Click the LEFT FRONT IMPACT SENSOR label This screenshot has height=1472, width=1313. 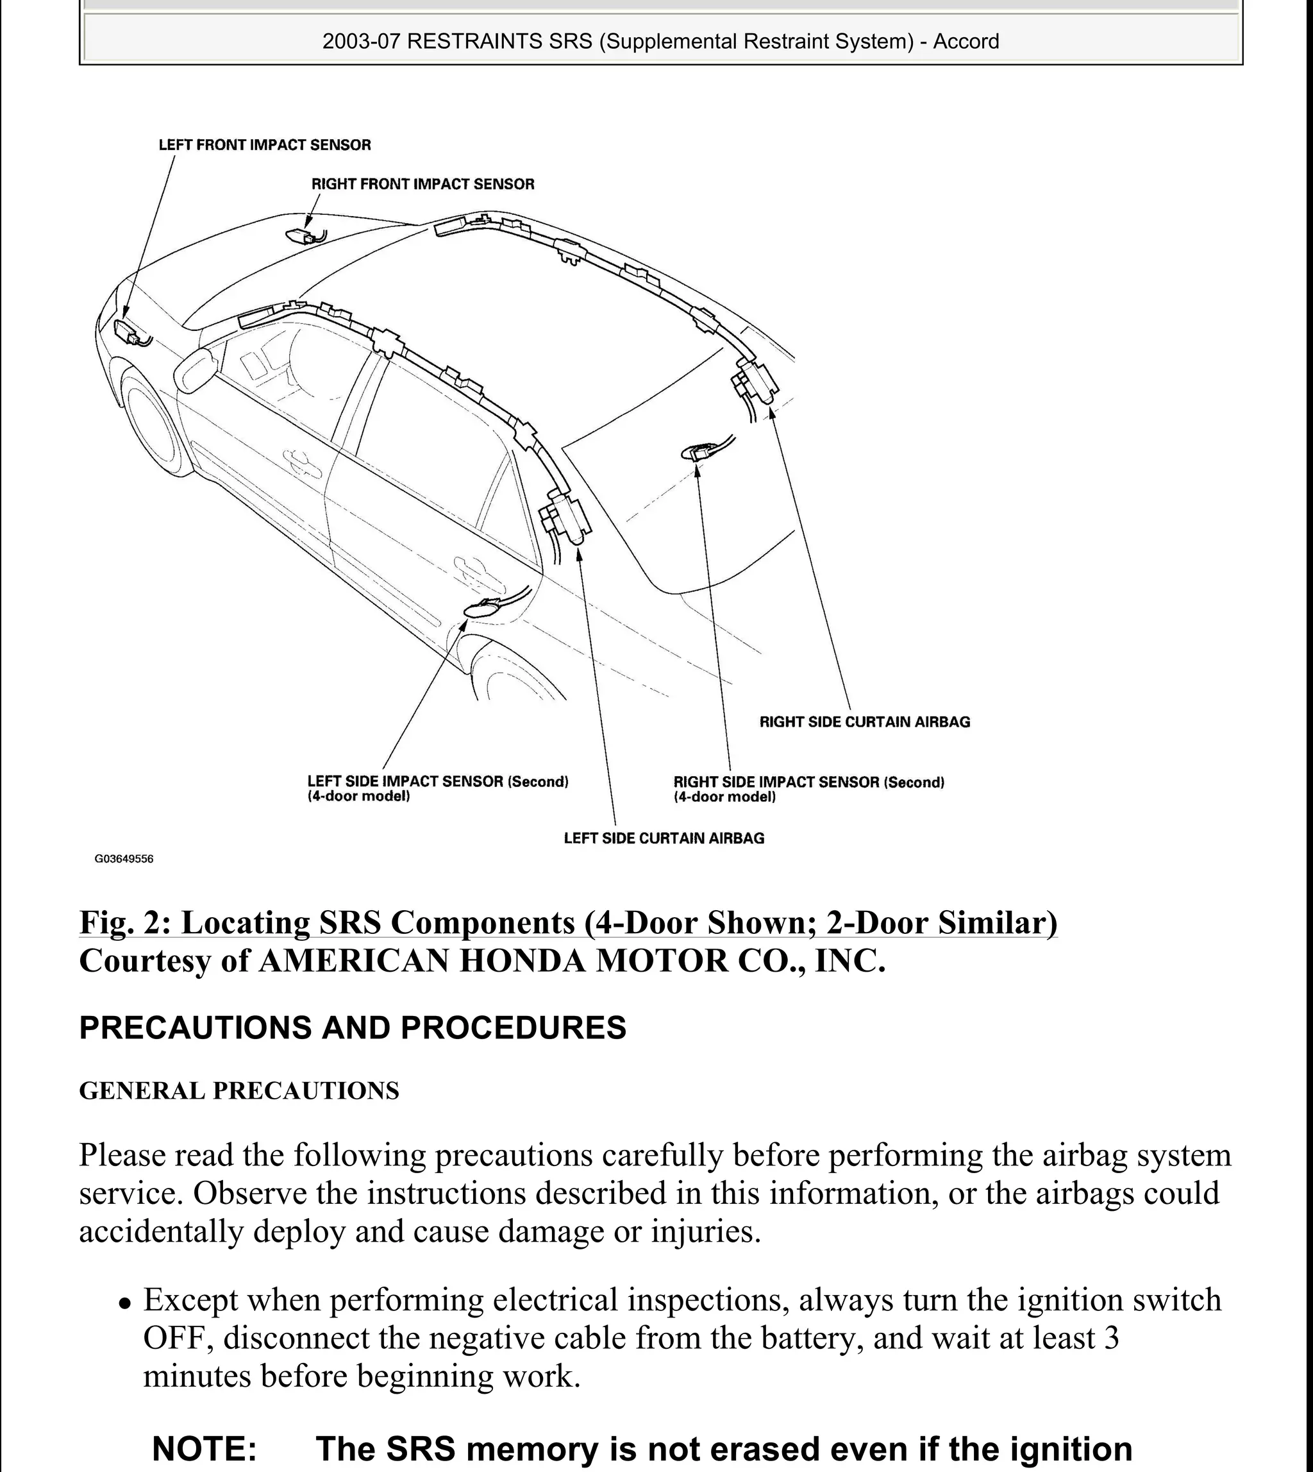point(264,145)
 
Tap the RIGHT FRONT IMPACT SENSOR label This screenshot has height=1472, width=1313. point(422,184)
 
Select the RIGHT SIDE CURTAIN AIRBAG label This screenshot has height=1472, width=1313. point(864,722)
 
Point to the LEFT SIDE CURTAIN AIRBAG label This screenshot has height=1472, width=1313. point(664,838)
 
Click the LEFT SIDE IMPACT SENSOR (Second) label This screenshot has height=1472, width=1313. point(437,781)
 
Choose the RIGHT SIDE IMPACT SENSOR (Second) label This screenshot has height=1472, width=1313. point(808,783)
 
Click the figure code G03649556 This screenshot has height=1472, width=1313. point(124,859)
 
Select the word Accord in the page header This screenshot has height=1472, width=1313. point(966,41)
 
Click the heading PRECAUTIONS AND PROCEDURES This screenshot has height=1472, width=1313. point(352,1028)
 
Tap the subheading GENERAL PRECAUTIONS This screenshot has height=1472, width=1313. point(238,1090)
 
